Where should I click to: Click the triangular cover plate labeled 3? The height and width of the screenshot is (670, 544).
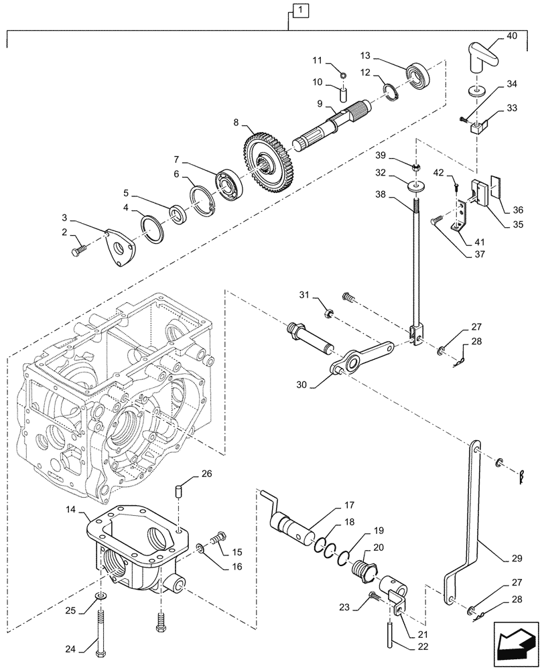pyautogui.click(x=121, y=247)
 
